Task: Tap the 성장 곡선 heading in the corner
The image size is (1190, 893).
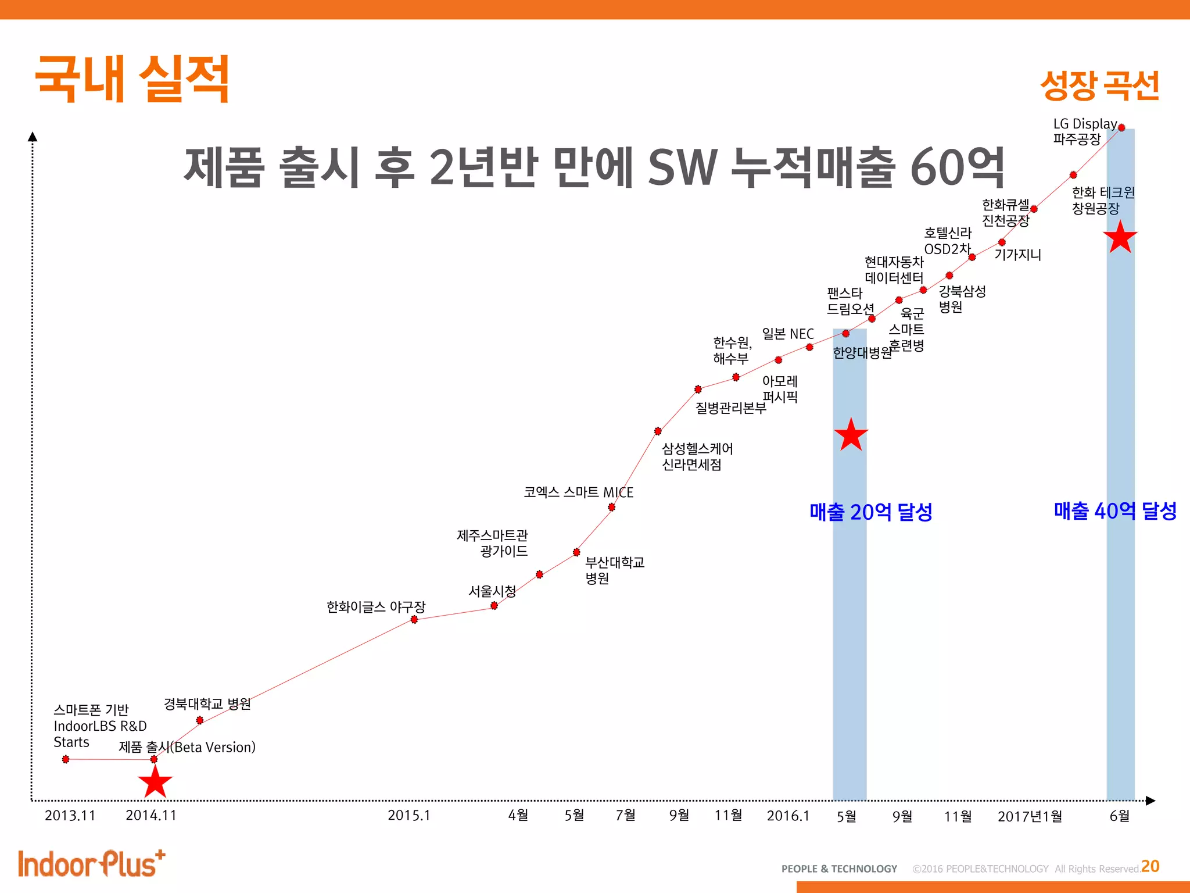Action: point(1099,85)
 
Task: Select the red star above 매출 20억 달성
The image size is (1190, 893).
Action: point(851,435)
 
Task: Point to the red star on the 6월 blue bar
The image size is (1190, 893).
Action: point(1120,237)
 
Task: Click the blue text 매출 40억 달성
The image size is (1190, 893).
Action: point(1115,511)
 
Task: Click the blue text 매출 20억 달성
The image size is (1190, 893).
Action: point(870,512)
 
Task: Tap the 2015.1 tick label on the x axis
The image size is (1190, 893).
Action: point(409,815)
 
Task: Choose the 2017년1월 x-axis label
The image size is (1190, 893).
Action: point(1030,816)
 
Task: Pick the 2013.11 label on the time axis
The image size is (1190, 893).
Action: point(70,815)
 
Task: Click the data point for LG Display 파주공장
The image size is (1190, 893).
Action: point(1121,128)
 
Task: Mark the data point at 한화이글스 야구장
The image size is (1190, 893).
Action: point(414,620)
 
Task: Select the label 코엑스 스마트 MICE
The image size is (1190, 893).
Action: point(578,492)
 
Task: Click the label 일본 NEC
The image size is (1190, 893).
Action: point(788,334)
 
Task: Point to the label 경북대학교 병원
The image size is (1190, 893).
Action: point(207,704)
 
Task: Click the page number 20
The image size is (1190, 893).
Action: point(1150,866)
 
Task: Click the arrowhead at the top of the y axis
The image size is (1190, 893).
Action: point(33,137)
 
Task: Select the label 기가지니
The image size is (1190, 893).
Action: point(1017,255)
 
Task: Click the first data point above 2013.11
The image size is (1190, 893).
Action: point(66,759)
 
